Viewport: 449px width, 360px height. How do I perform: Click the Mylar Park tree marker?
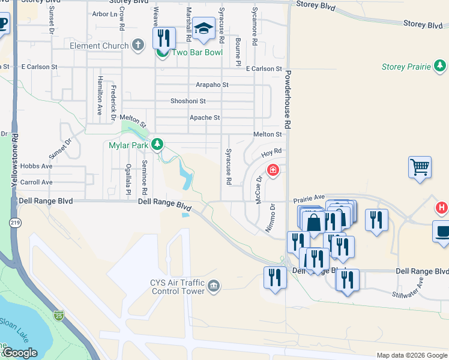coord(157,144)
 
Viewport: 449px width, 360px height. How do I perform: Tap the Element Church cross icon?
coord(138,45)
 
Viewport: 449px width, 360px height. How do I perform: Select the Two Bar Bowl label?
coord(197,52)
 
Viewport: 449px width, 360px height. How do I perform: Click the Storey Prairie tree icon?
coord(440,65)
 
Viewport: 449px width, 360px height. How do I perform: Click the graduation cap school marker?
coord(204,29)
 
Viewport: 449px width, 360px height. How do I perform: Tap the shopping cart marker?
coord(420,167)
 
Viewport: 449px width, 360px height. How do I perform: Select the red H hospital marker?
coord(441,208)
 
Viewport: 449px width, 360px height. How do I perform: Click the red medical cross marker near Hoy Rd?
coord(273,171)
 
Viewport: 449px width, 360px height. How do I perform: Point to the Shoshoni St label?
coord(188,101)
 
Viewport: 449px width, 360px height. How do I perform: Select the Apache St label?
coord(205,118)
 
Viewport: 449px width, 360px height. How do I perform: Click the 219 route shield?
coord(13,223)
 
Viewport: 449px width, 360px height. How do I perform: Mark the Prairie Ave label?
coord(309,197)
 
